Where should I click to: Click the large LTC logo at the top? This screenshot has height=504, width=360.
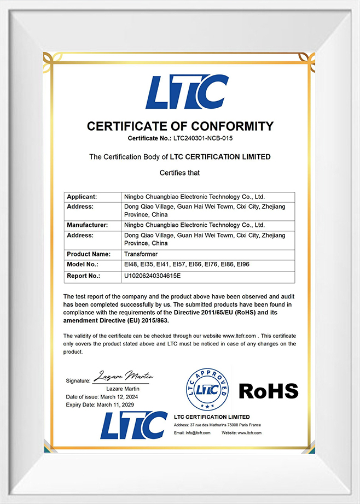(187, 92)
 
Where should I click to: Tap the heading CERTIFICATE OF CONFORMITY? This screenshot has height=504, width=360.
(180, 126)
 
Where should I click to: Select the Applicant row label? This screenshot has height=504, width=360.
(82, 196)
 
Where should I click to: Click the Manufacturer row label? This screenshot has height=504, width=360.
(87, 225)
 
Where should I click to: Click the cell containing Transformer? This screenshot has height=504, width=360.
(141, 254)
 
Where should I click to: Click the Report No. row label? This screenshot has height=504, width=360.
(83, 276)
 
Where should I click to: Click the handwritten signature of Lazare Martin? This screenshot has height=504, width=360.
(124, 376)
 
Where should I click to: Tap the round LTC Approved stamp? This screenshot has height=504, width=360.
(207, 390)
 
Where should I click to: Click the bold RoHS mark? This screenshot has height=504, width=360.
(268, 391)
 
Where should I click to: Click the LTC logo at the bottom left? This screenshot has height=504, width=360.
(133, 425)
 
